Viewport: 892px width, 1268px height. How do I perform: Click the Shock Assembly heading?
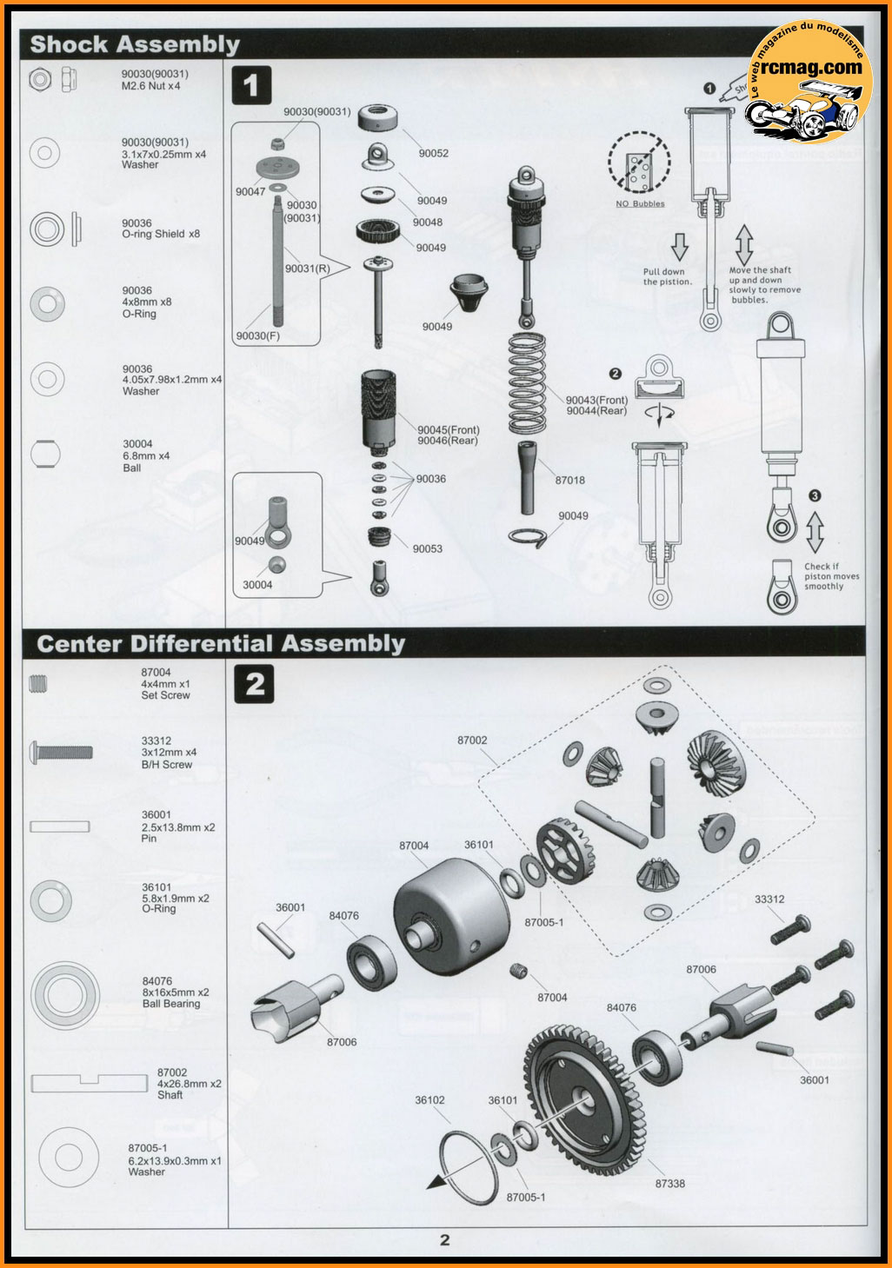(x=135, y=44)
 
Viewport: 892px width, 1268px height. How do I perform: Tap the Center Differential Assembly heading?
(x=221, y=644)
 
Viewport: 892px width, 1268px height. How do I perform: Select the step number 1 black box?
(x=252, y=85)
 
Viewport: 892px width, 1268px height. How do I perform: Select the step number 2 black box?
(x=254, y=684)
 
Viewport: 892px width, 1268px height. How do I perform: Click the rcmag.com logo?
(x=809, y=80)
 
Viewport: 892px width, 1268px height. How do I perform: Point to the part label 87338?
(x=670, y=1183)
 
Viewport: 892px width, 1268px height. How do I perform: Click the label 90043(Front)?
(x=596, y=400)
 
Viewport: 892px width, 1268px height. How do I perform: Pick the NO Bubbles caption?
(x=640, y=204)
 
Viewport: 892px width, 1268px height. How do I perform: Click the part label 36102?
(x=429, y=1099)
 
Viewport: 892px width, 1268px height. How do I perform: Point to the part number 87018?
(x=569, y=480)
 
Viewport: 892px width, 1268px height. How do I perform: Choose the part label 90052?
(x=433, y=153)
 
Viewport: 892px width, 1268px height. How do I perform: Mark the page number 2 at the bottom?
(x=445, y=1240)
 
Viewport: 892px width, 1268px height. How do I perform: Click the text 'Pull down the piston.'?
(x=667, y=276)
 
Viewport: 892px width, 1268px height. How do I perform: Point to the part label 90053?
(x=427, y=548)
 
